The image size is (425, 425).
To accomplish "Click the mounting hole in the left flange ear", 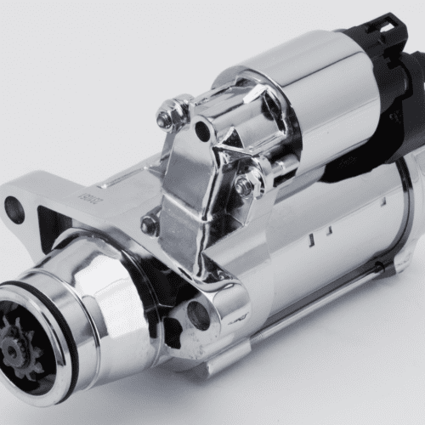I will tap(14, 208).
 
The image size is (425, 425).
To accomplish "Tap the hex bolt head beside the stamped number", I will tap(150, 224).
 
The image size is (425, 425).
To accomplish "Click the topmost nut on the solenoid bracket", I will tap(167, 116).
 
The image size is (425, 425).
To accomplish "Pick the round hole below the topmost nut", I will tap(202, 131).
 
